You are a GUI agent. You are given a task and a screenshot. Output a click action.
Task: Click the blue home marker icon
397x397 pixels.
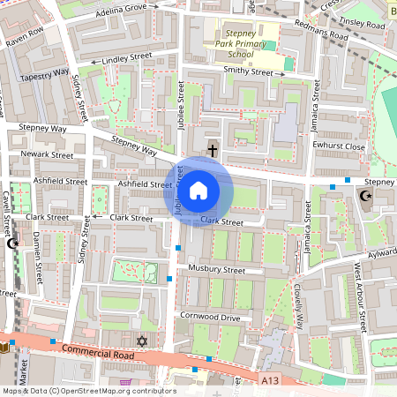(198, 191)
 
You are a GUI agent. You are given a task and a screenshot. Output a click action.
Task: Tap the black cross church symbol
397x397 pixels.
(212, 151)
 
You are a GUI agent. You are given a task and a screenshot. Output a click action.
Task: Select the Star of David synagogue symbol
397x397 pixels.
(141, 341)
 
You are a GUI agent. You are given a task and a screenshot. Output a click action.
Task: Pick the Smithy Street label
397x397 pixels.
(249, 71)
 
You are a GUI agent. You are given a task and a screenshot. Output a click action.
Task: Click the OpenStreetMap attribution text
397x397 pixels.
(88, 391)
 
